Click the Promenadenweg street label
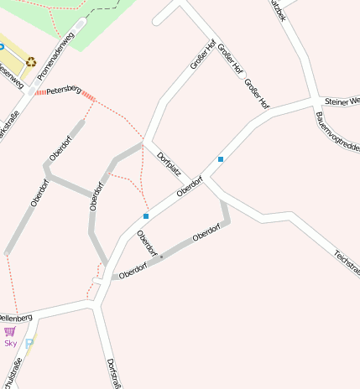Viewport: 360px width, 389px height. pyautogui.click(x=57, y=49)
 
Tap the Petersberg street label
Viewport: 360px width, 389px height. pyautogui.click(x=63, y=89)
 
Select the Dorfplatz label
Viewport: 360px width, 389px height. pyautogui.click(x=169, y=162)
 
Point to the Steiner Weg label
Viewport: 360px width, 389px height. pyautogui.click(x=342, y=101)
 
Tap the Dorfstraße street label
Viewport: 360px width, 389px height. pyautogui.click(x=112, y=372)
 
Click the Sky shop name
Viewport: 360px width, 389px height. pyautogui.click(x=10, y=343)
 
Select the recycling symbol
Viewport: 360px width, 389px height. pyautogui.click(x=31, y=61)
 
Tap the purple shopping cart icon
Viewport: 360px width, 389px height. pyautogui.click(x=10, y=331)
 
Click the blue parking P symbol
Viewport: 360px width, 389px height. pyautogui.click(x=30, y=344)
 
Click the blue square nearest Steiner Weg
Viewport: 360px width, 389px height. pyautogui.click(x=221, y=158)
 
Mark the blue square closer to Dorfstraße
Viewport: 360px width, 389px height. pyautogui.click(x=146, y=216)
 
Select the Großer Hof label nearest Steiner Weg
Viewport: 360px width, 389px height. pyautogui.click(x=257, y=94)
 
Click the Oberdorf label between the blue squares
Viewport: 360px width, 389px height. pyautogui.click(x=190, y=186)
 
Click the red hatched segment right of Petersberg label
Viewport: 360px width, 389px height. pyautogui.click(x=88, y=96)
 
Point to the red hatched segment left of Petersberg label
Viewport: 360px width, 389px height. pyautogui.click(x=40, y=91)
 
